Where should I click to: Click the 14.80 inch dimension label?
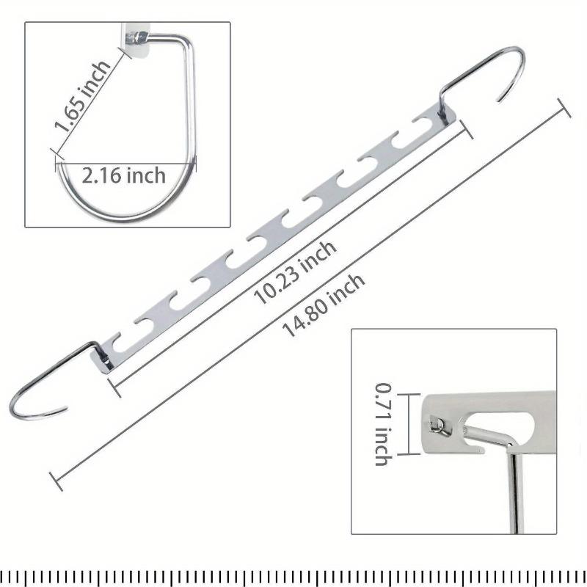(x=324, y=305)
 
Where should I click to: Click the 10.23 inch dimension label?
(x=295, y=272)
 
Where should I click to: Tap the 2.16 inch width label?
(x=124, y=175)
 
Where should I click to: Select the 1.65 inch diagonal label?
(x=82, y=96)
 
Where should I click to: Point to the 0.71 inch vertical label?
(x=383, y=424)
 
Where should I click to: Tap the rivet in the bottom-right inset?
(x=438, y=426)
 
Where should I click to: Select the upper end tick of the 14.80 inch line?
(x=564, y=108)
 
